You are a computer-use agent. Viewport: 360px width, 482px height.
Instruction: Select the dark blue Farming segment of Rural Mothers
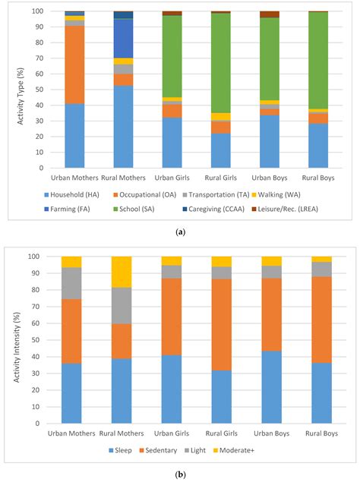click(x=123, y=38)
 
